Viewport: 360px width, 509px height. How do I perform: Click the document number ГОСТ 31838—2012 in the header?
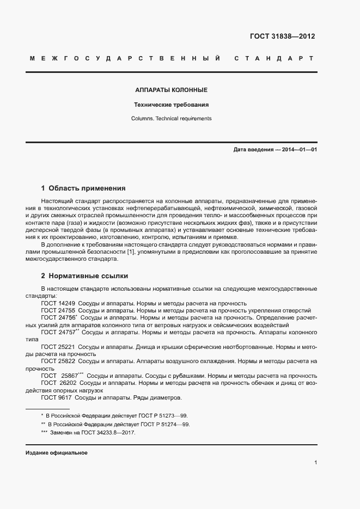pos(282,36)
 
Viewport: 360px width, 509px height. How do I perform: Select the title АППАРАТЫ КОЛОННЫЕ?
pos(171,90)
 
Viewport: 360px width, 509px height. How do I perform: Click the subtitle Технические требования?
pos(172,104)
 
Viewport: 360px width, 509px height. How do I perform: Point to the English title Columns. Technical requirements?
pos(171,118)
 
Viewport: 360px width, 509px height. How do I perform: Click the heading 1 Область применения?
pos(83,188)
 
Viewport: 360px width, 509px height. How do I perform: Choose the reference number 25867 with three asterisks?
pos(70,376)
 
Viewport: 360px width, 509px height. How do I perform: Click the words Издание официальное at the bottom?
pos(57,453)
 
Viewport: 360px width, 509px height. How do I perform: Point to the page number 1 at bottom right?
pos(315,462)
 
